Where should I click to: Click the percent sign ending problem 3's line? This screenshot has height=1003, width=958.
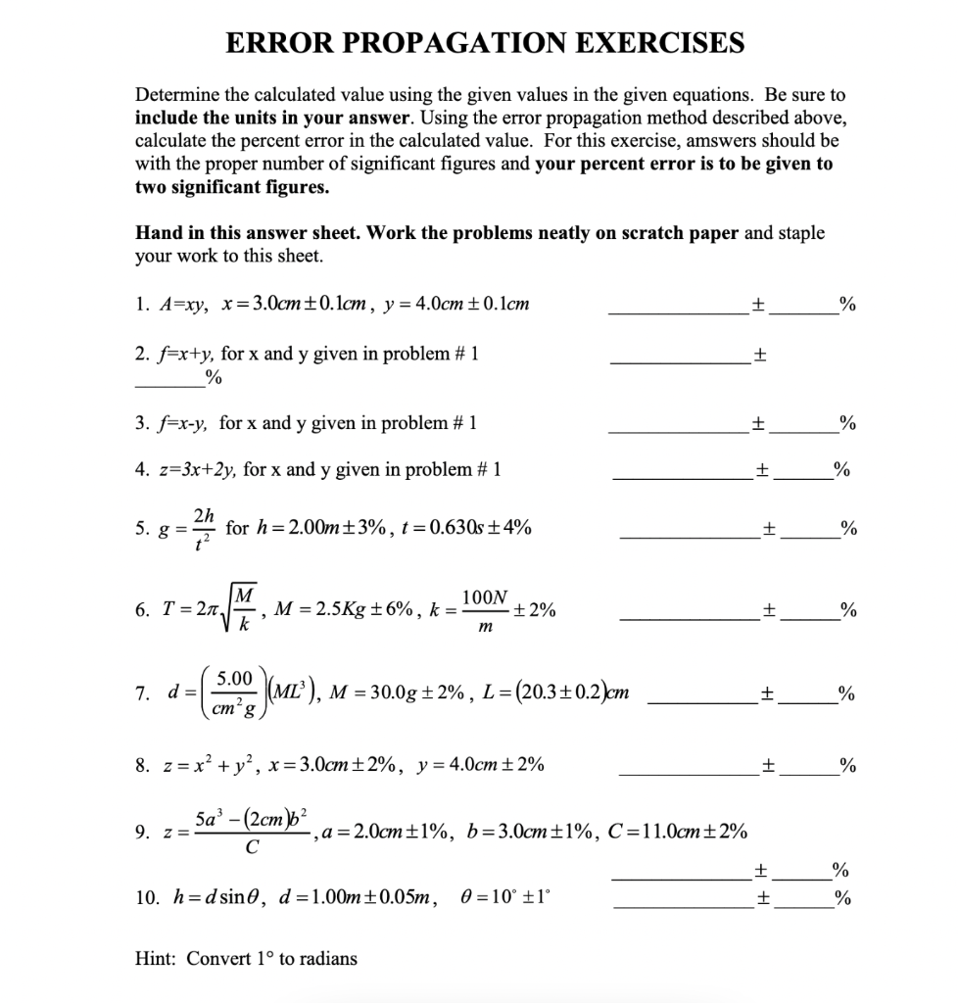pos(848,423)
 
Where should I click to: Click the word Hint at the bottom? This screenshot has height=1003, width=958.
pos(156,959)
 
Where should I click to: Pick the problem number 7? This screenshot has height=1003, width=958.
pos(141,693)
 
